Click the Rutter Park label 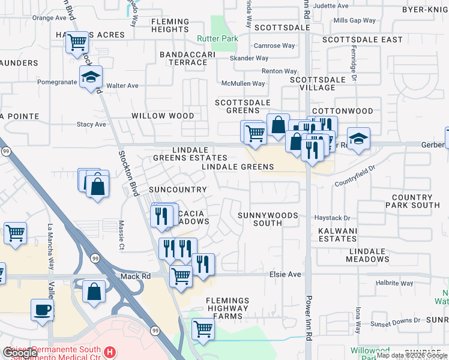click(x=217, y=39)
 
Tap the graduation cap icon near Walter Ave click(x=91, y=77)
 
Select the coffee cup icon click(x=42, y=310)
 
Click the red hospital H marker click(x=109, y=352)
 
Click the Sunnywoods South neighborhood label click(x=259, y=218)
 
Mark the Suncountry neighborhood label click(x=178, y=190)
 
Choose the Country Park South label click(x=415, y=201)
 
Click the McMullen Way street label click(x=243, y=84)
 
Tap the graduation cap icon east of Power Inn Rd click(x=358, y=139)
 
